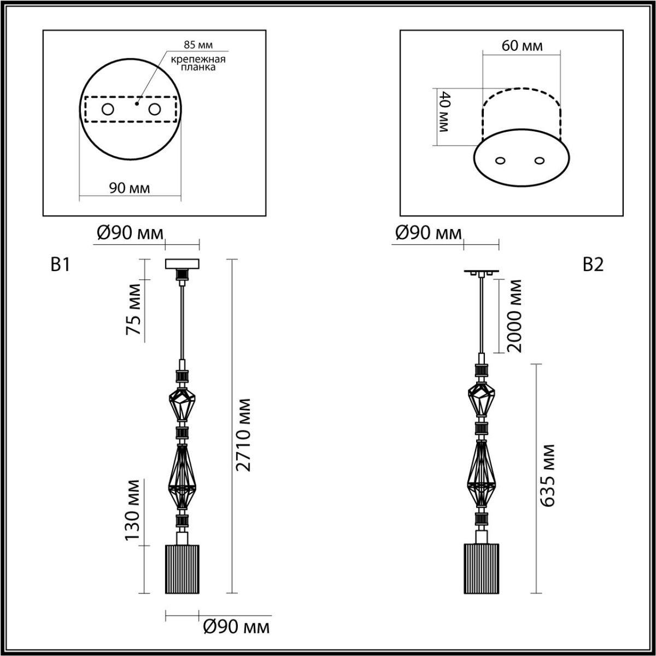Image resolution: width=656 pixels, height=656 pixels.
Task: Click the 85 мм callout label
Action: coord(198,45)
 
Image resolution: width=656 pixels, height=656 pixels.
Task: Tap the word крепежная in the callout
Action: coord(198,59)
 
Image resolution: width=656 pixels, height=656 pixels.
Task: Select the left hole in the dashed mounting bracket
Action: coord(108,110)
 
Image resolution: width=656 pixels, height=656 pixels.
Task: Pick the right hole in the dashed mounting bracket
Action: coord(154,110)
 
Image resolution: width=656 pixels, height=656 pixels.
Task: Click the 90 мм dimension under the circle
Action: coord(130,188)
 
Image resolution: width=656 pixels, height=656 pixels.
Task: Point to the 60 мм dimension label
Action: coord(522,45)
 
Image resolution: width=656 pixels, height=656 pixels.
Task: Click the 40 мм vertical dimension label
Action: coord(444,111)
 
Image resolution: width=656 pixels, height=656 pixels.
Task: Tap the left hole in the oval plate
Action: coord(500,161)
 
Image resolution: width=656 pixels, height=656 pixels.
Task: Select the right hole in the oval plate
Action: coord(539,160)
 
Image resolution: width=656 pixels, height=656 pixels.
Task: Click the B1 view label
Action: coord(60,265)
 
